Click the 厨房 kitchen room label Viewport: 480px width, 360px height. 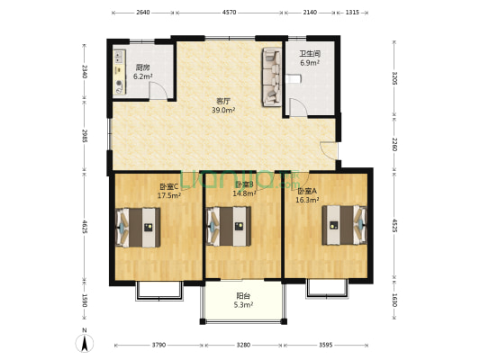142,72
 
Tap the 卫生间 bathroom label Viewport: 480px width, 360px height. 310,58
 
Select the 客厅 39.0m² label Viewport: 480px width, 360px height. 223,105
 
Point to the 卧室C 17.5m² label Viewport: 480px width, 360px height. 169,191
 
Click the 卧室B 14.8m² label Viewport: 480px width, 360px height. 244,188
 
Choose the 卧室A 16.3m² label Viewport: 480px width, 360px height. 308,195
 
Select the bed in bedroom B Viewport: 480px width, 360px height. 229,225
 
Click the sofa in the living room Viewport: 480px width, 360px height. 270,76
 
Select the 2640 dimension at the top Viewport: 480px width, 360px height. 142,13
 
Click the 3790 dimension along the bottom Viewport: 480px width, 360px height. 158,345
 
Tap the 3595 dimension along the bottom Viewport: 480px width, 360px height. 326,345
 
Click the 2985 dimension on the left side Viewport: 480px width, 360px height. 84,136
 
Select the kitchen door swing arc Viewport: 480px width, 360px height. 158,90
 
